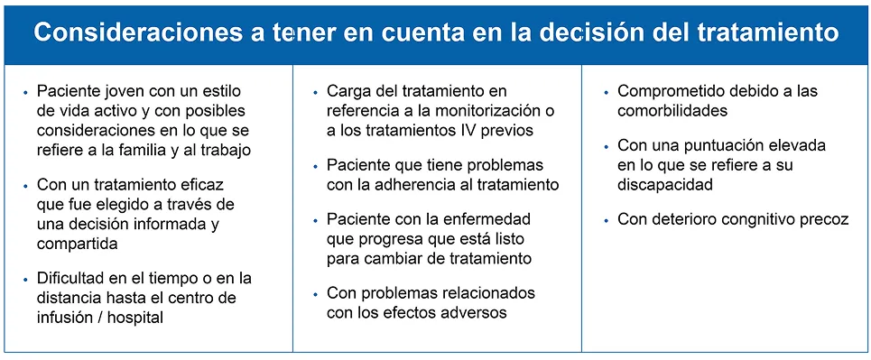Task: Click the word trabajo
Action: pos(222,150)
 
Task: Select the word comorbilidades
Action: pos(672,112)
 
